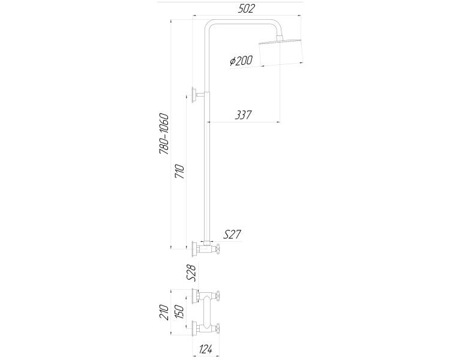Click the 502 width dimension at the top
[x=246, y=8]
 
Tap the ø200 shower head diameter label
[x=241, y=61]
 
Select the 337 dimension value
[x=243, y=115]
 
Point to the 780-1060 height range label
[x=164, y=134]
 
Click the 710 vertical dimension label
[x=179, y=172]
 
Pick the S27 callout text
[x=232, y=235]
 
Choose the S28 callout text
[x=191, y=273]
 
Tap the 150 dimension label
[x=179, y=312]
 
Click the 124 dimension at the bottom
[x=205, y=349]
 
